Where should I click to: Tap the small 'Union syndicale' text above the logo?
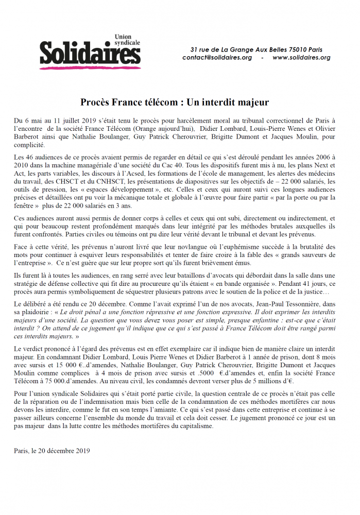125,40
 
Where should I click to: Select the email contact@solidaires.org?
217,58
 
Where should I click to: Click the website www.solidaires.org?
301,58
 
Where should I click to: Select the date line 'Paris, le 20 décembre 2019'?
52,451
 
